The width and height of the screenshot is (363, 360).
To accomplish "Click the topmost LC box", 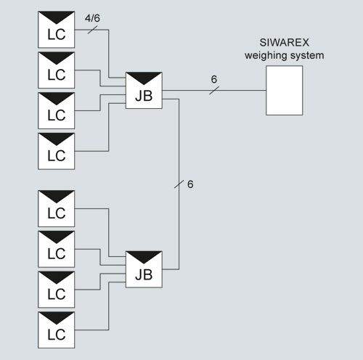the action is pos(57,30).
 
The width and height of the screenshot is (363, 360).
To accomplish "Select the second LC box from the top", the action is pos(57,70).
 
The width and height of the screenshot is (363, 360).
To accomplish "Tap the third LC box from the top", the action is pos(57,110).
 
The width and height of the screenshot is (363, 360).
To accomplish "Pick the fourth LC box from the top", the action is pos(57,151).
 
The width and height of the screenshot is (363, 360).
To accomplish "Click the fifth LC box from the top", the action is pos(57,208).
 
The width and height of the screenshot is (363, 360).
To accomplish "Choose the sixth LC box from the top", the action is pos(57,249).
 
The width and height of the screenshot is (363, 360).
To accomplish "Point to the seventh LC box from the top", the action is pos(57,290).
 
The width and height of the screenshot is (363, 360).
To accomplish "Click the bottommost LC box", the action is pos(57,330).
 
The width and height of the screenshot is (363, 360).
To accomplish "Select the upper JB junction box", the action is pos(144,90).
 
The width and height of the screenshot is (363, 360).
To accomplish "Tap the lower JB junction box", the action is pos(144,269).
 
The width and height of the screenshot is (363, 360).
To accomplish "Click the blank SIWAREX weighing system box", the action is pos(285,90).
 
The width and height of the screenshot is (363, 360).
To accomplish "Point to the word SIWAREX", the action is pos(285,43).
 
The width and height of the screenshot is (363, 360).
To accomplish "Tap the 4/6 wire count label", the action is pos(92,18).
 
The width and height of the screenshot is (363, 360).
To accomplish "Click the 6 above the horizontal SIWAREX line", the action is pos(214,79).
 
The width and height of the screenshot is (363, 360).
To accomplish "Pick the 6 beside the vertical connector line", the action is pos(190,184).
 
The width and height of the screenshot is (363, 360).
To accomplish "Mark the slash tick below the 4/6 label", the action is pos(92,30).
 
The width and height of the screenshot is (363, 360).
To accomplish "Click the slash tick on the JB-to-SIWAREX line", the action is pos(214,90).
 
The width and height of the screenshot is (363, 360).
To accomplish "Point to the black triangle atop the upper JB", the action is pos(144,78).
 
